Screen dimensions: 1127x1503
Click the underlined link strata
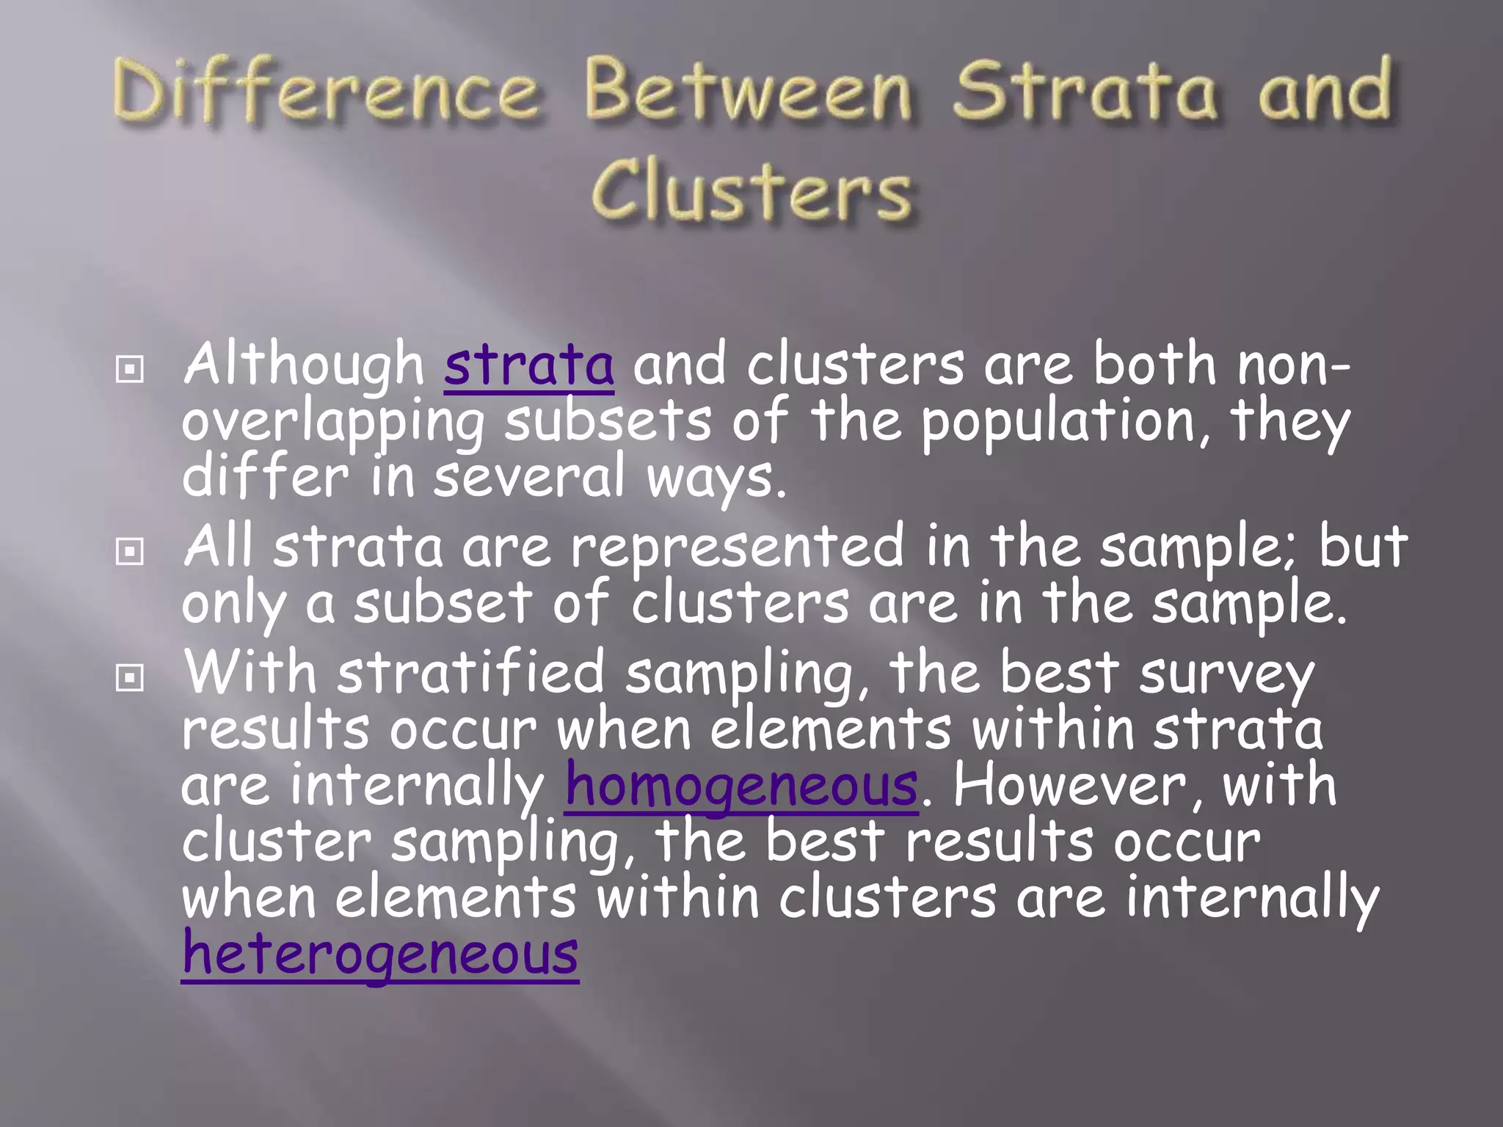click(x=528, y=365)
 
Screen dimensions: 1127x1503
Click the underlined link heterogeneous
click(x=380, y=954)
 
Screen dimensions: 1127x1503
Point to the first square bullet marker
click(x=130, y=370)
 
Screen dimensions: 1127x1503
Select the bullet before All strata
click(x=130, y=552)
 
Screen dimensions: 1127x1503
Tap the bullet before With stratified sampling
click(x=130, y=678)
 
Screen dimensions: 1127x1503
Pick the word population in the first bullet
click(x=1057, y=422)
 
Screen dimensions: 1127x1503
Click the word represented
click(x=738, y=547)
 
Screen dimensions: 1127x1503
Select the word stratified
click(x=470, y=674)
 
